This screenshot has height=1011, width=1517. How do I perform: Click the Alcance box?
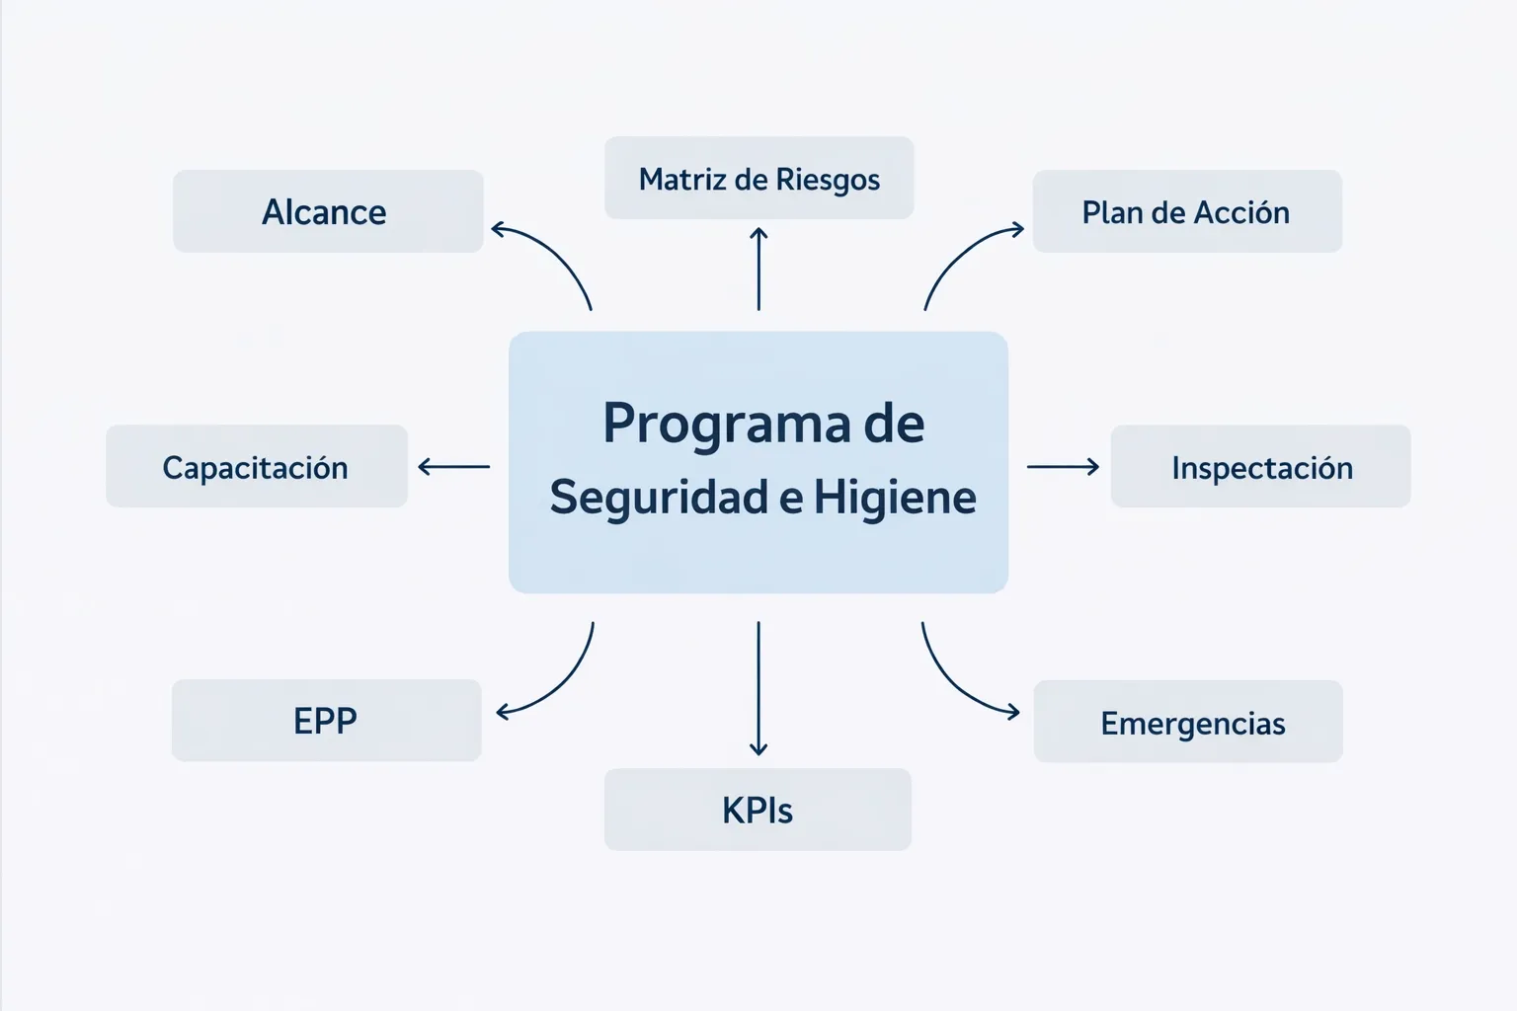[x=327, y=211]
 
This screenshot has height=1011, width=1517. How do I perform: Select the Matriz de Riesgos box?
[x=758, y=179]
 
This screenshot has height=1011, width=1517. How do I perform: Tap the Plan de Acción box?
[x=1186, y=211]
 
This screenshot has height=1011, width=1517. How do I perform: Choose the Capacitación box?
[x=256, y=466]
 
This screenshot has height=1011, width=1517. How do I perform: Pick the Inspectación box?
[x=1260, y=466]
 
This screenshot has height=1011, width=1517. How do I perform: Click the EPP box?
[x=326, y=720]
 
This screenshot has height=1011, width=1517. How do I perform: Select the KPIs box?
[x=758, y=810]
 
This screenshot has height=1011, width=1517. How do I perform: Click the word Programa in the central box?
[x=727, y=424]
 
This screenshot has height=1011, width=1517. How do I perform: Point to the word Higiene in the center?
[x=895, y=497]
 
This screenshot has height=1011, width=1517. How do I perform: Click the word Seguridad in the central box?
[x=659, y=497]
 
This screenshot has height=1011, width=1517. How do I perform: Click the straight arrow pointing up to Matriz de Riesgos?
[x=758, y=269]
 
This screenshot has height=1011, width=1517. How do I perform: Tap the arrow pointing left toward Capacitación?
[x=454, y=466]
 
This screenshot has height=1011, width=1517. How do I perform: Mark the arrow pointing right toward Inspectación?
[x=1063, y=466]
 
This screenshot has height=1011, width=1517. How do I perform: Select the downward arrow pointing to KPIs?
[x=758, y=688]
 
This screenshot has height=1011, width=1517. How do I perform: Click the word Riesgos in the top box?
[x=828, y=180]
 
